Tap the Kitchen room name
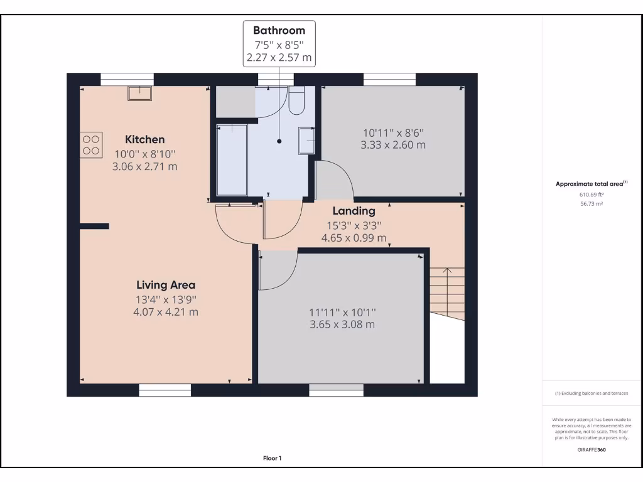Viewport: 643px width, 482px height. [x=144, y=139]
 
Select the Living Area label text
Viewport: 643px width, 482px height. [x=165, y=286]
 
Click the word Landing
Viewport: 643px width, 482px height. [x=354, y=211]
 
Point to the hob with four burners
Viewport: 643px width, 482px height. [x=91, y=144]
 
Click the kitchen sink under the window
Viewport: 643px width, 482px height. [x=139, y=93]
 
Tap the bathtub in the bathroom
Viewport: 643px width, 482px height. [x=232, y=159]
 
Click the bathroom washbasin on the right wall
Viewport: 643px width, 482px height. [x=306, y=141]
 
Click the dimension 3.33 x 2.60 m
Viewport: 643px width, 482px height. [x=393, y=145]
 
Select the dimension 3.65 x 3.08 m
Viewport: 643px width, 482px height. [x=342, y=324]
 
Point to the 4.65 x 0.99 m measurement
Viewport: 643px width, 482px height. [x=354, y=238]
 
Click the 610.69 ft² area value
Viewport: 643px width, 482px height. [x=591, y=195]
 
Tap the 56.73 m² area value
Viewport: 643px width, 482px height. [x=591, y=204]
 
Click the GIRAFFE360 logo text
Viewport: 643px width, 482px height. [x=591, y=449]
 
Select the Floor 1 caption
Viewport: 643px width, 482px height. [x=272, y=458]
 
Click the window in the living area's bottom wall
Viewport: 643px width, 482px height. [x=165, y=390]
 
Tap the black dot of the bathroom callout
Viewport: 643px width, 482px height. [x=279, y=142]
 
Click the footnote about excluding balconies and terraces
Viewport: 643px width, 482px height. [x=591, y=394]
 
